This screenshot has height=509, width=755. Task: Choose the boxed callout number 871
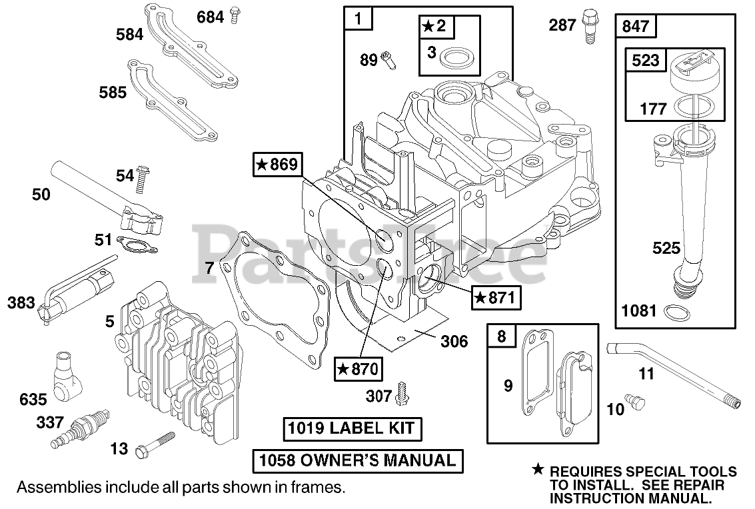[x=494, y=298]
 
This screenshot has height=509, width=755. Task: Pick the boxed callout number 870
[x=359, y=367]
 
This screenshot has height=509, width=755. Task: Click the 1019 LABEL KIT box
[x=352, y=429]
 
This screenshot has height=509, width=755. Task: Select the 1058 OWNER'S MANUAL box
[x=357, y=460]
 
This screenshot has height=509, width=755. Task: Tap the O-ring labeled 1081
[x=674, y=311]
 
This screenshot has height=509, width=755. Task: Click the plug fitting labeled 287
[x=588, y=27]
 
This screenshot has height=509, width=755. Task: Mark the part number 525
[x=666, y=249]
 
